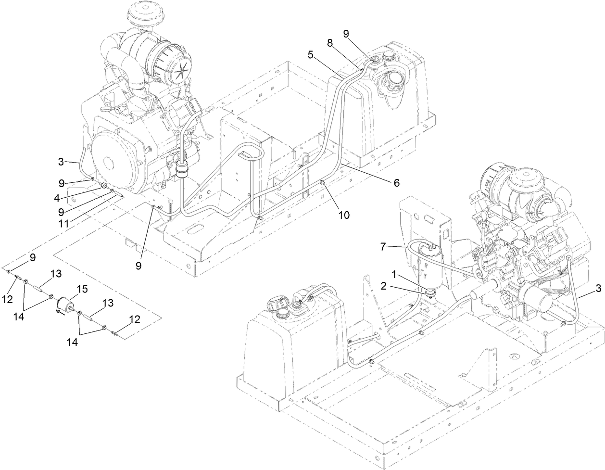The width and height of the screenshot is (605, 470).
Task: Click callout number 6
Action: click(397, 182)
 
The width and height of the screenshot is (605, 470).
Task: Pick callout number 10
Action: click(344, 215)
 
